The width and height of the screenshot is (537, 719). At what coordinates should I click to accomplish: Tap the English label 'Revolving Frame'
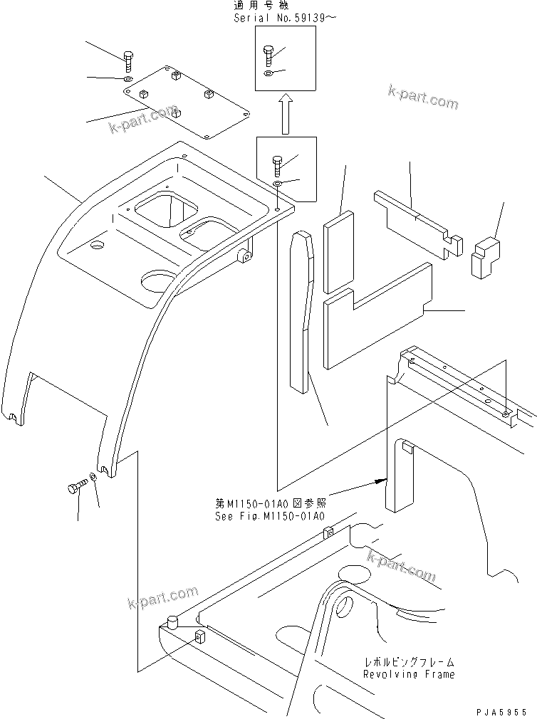coord(408,673)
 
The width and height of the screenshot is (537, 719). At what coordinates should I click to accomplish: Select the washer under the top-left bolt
coord(127,79)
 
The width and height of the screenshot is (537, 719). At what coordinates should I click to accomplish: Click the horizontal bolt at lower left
coord(75,488)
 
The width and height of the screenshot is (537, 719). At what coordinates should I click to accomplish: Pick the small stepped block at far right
coord(485,257)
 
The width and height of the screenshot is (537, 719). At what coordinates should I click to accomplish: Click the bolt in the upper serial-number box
coord(268,55)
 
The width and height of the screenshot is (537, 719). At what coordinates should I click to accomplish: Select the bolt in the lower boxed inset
coord(277,164)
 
